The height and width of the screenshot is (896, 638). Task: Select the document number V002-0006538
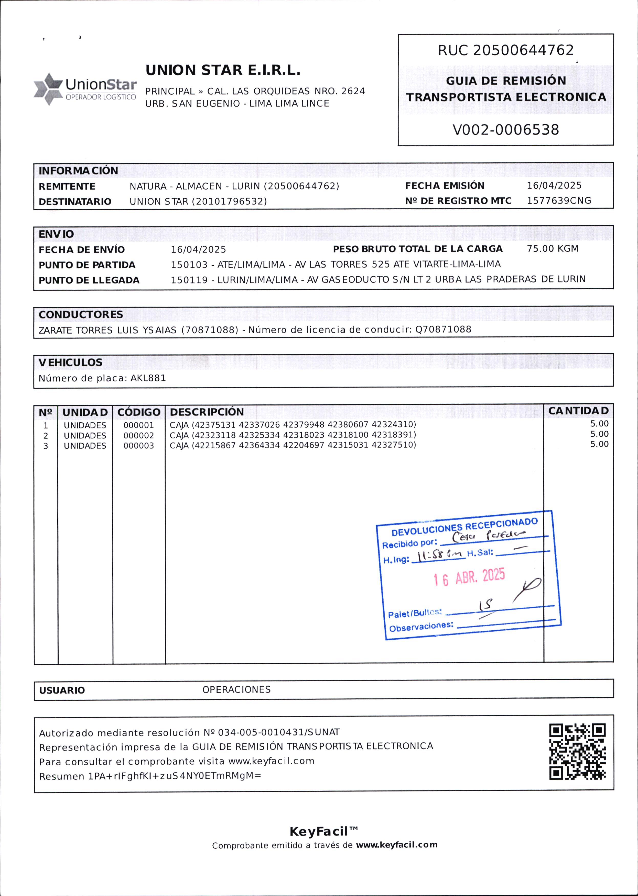(x=506, y=130)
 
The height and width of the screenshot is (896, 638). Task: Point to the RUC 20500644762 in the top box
(x=506, y=50)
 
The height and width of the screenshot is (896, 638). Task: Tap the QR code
(x=577, y=752)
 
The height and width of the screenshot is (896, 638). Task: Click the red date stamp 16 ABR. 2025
(x=469, y=577)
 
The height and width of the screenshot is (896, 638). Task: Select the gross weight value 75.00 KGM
(x=552, y=249)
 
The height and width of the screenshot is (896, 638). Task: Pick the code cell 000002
(x=139, y=436)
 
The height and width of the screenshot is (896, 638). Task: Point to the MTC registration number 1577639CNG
(x=559, y=201)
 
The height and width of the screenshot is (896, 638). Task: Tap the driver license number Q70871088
(x=443, y=329)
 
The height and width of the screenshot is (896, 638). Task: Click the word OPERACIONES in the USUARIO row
(x=236, y=689)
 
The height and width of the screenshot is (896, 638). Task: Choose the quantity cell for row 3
(x=599, y=444)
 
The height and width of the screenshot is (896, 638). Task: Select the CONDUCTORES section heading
(x=81, y=315)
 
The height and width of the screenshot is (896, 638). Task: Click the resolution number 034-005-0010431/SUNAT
(x=278, y=732)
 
